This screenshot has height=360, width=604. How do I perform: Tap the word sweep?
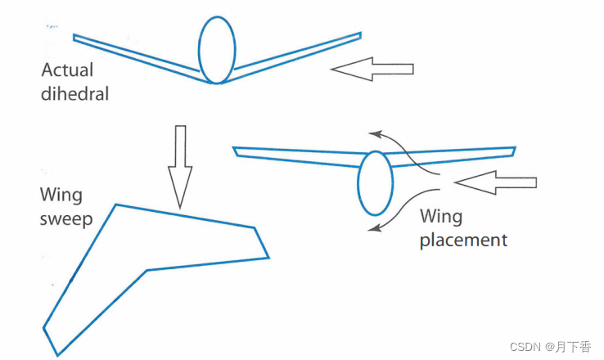pos(65,219)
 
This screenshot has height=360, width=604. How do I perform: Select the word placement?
pos(463,241)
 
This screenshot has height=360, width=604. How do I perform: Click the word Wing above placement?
pos(440,217)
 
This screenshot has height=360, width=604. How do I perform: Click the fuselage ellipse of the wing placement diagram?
pos(374,183)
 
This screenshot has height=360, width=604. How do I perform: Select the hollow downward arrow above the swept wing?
pos(180,168)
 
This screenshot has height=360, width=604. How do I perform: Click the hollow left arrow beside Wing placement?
pos(494,183)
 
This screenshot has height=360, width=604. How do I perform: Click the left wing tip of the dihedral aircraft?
pos(76,37)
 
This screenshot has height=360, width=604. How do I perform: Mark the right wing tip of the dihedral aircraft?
pos(358,35)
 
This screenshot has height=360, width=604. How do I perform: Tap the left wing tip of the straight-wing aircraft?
pos(236,151)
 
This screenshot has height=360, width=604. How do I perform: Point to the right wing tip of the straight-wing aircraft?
pos(512,151)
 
